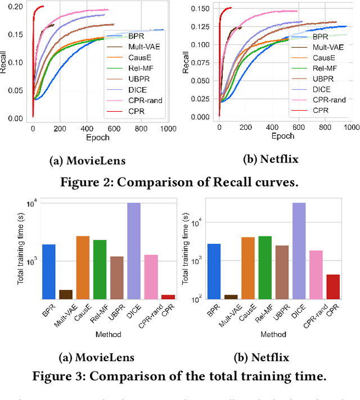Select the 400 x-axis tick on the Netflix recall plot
[273, 128]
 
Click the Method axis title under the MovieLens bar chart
[108, 334]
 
